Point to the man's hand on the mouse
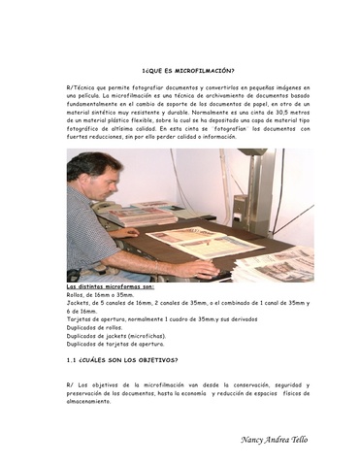(200, 269)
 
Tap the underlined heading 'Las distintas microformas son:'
(110, 288)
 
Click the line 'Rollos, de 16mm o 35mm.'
(100, 296)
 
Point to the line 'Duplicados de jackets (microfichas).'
(115, 335)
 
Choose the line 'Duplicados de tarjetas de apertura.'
(115, 343)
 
